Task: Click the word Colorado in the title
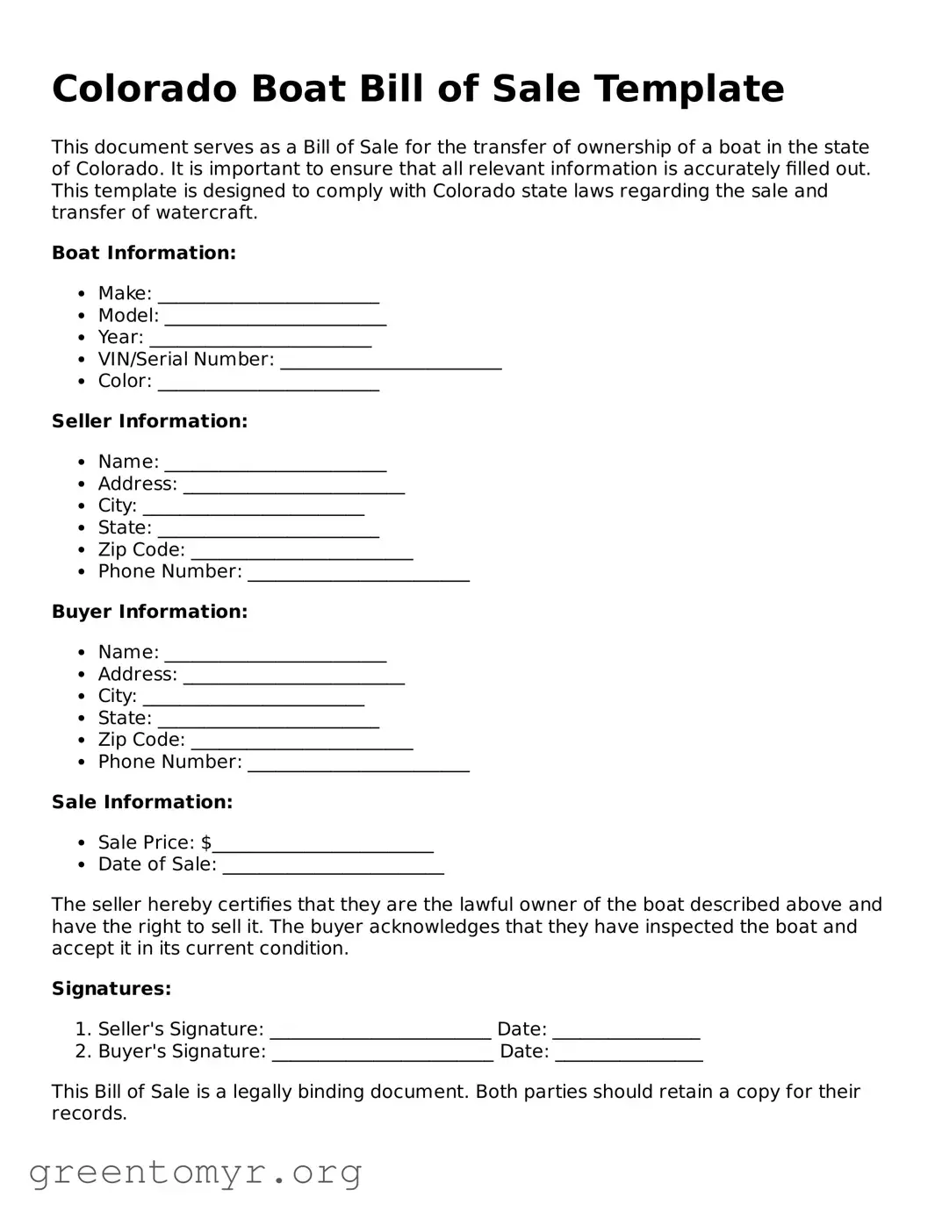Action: tap(144, 90)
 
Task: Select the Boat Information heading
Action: tap(144, 254)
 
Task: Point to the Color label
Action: tap(125, 382)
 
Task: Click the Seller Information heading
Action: tap(149, 422)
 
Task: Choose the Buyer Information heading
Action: tap(149, 613)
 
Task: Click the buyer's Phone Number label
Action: tap(169, 763)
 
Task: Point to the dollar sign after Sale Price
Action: tap(206, 843)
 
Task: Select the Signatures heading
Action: tap(111, 990)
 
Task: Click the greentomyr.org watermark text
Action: tap(195, 1172)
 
